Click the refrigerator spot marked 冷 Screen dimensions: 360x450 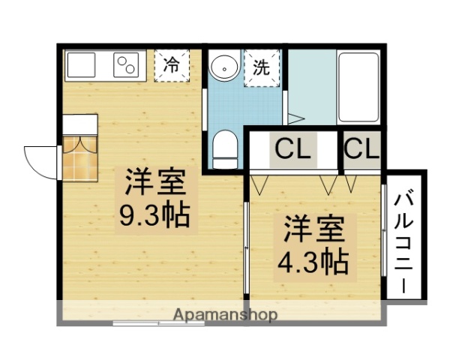[x=172, y=65]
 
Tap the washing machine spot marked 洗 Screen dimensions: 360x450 [x=261, y=68]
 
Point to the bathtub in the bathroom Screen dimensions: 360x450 [x=359, y=87]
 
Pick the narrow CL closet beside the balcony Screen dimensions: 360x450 [x=362, y=149]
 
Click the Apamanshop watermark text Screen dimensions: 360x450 [x=225, y=314]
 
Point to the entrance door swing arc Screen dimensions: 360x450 [x=39, y=160]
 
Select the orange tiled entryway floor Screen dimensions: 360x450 [x=79, y=157]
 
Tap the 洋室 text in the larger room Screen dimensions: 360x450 [x=155, y=182]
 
